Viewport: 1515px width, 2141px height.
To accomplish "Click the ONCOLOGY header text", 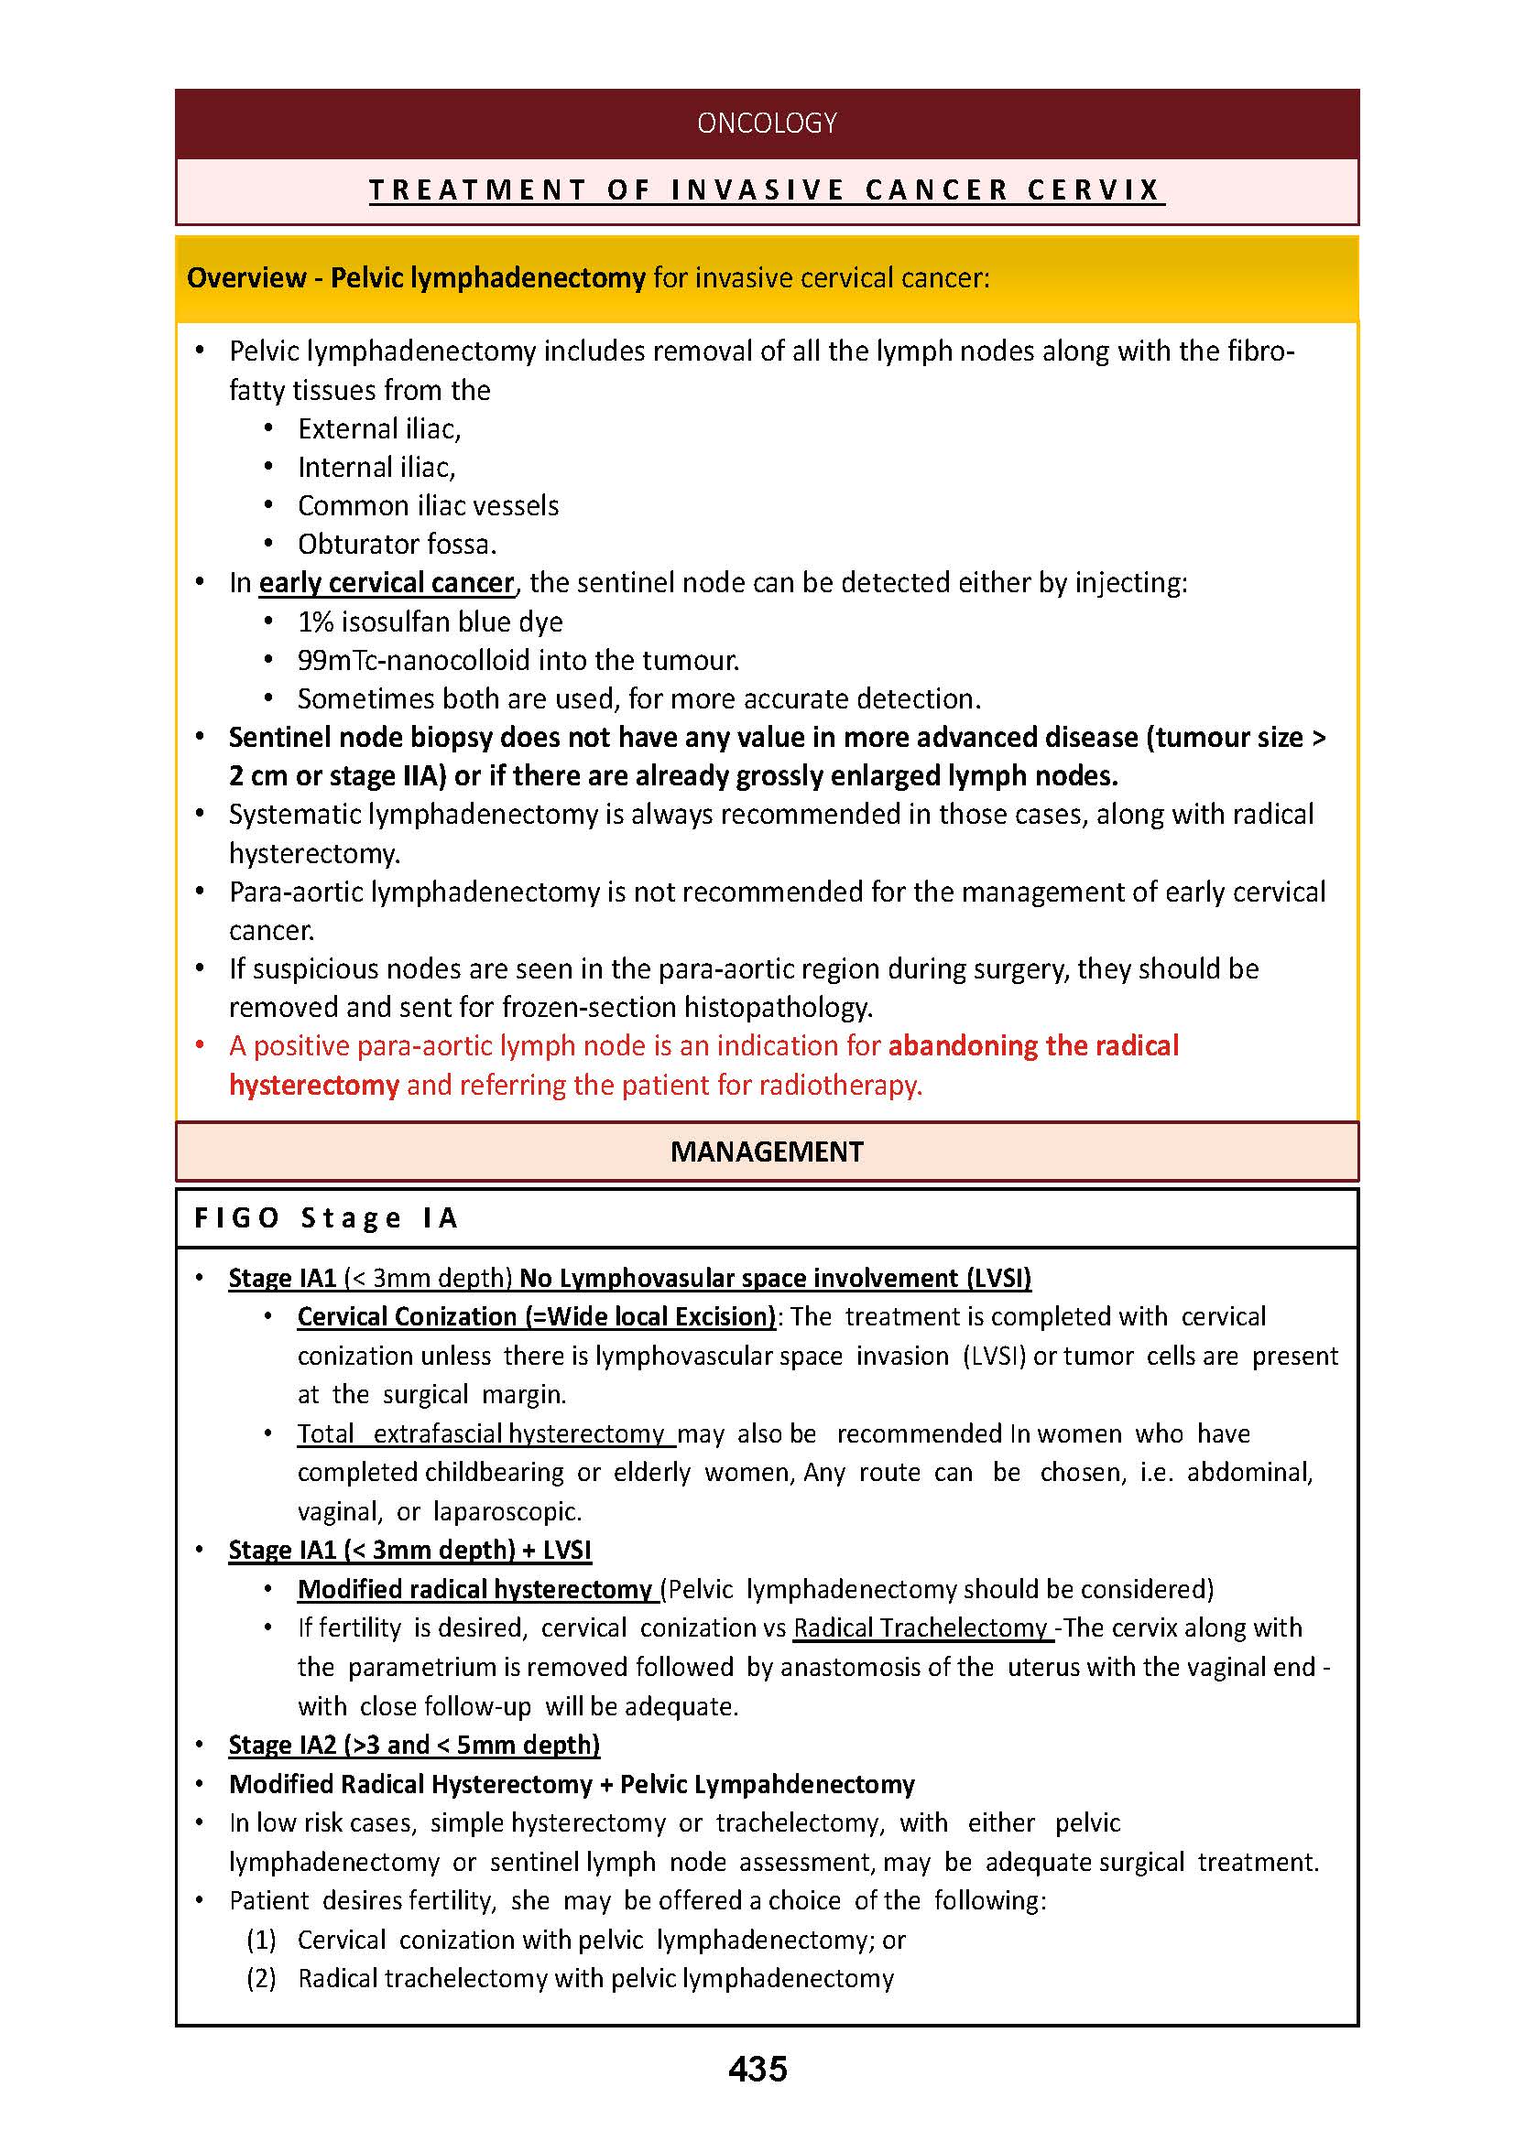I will tap(766, 123).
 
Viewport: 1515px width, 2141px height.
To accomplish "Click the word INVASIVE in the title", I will tap(757, 190).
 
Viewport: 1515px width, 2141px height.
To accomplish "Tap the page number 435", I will tap(757, 2069).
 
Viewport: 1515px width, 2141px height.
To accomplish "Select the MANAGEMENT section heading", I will tap(766, 1152).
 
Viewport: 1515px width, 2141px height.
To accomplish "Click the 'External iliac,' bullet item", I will tap(379, 429).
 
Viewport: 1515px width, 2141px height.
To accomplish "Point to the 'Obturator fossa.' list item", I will tap(397, 544).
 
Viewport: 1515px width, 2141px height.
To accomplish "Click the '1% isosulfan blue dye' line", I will tap(431, 622).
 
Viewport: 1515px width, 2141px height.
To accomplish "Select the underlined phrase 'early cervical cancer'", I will tap(387, 583).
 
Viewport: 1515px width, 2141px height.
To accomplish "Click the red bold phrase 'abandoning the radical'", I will tap(1032, 1045).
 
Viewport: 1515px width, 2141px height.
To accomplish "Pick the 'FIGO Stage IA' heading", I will tap(325, 1217).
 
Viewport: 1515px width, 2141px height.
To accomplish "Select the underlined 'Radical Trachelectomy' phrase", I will tap(920, 1627).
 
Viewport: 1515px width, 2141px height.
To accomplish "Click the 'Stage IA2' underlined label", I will tap(283, 1745).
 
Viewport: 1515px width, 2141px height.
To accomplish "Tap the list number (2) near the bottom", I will tap(261, 1978).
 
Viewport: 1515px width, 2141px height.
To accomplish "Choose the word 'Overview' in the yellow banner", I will tap(246, 278).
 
